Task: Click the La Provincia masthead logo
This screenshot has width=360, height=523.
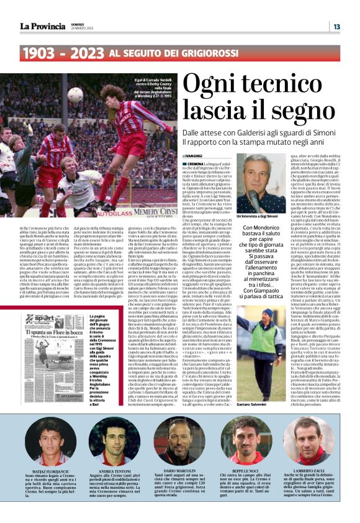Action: [x=42, y=26]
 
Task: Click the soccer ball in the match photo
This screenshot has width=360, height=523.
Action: [x=77, y=94]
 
